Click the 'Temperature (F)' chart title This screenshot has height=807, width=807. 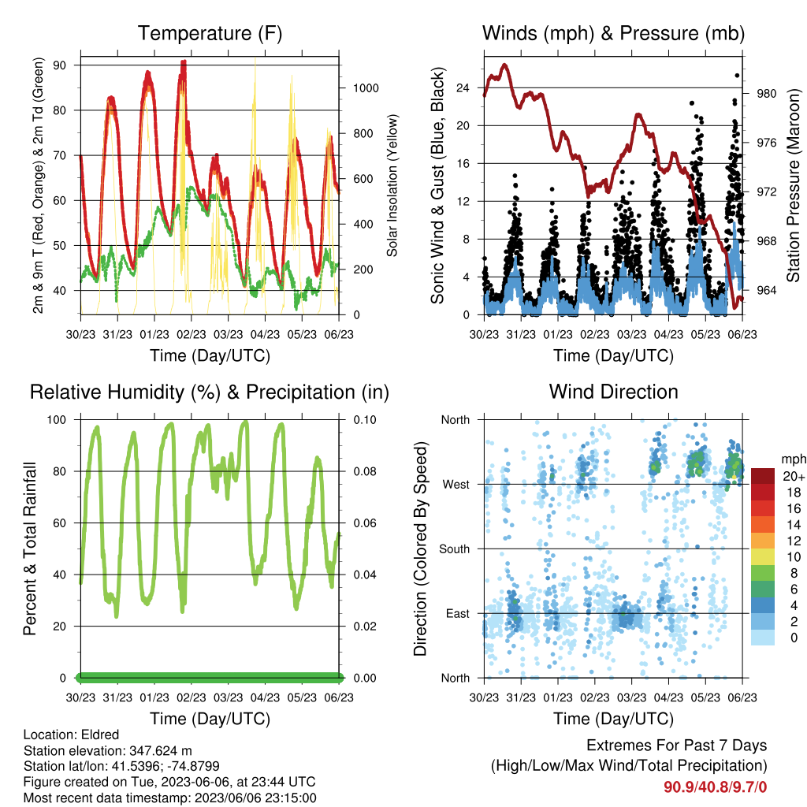point(210,33)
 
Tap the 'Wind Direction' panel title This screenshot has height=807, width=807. point(613,392)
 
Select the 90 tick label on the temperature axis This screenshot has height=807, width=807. point(59,65)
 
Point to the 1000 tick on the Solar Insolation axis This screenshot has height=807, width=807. point(366,88)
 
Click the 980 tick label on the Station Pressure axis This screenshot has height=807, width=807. point(766,94)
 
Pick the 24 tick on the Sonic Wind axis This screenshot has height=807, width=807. point(463,88)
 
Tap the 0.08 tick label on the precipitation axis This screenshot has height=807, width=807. point(365,471)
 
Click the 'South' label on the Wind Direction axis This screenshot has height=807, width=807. point(455,549)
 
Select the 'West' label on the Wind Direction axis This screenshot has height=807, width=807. point(456,485)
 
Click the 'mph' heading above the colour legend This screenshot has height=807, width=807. point(794,459)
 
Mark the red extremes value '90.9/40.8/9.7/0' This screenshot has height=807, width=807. point(715,787)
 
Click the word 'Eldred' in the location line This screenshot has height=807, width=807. point(100,734)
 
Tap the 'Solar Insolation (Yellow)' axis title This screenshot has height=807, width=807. point(392,185)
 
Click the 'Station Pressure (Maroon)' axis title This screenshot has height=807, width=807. point(793,185)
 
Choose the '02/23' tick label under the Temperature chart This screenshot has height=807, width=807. point(192,334)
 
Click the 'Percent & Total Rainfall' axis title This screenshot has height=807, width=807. point(30,549)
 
